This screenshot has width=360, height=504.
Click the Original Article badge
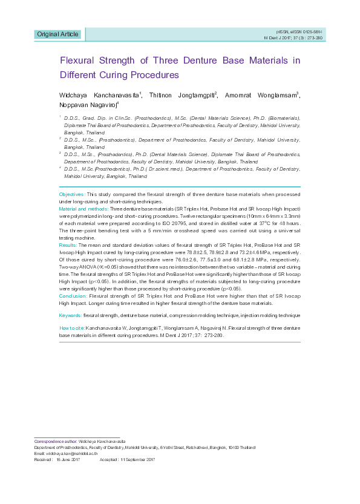(x=57, y=34)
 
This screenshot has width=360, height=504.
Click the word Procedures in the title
(x=154, y=76)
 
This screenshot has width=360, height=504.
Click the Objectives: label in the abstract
(x=72, y=194)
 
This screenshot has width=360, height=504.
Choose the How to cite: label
(x=71, y=327)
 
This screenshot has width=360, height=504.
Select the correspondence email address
(x=72, y=453)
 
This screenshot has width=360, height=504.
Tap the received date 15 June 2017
(x=68, y=460)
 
